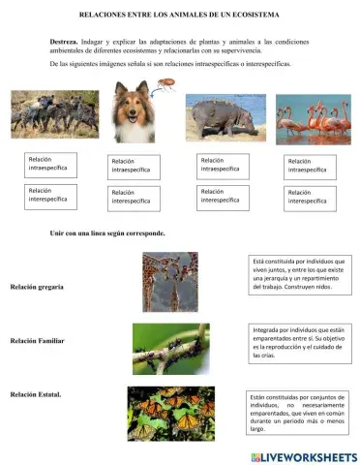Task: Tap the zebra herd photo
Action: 45,113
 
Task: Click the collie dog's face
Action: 133,110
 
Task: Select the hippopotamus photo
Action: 221,118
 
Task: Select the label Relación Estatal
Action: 37,394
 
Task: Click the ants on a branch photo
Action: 172,347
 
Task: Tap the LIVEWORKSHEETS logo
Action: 303,455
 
